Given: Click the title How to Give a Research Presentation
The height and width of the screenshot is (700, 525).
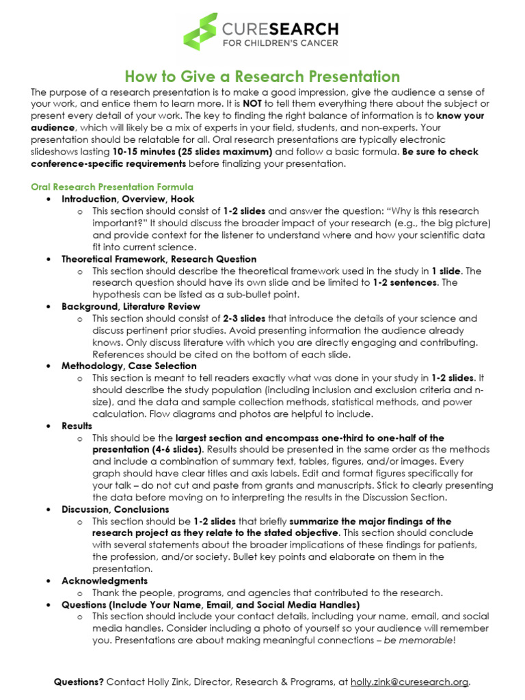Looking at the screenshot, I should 262,76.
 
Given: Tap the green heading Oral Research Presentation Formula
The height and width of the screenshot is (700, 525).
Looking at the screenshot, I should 112,187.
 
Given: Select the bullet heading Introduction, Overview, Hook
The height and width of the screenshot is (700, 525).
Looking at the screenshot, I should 118,199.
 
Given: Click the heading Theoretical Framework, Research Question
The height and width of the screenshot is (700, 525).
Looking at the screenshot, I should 159,259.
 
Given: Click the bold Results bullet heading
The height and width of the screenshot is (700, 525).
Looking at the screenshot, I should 77,425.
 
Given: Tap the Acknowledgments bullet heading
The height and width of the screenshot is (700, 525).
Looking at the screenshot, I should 104,580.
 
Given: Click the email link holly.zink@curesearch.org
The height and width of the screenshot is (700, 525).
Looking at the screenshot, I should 409,682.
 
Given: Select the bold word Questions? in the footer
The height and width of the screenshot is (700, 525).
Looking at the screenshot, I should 79,682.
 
